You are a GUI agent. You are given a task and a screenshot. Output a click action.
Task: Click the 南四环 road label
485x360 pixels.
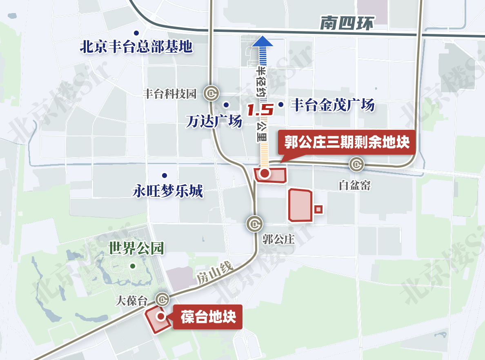(x=346, y=24)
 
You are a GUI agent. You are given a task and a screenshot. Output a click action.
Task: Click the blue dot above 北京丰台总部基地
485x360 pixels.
(x=136, y=33)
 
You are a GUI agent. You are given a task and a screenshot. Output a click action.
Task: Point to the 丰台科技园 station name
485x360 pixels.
(x=169, y=94)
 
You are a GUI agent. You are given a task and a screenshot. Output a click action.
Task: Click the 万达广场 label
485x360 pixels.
(x=214, y=121)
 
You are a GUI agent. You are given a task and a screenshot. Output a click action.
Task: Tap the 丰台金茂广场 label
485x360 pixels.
(x=332, y=105)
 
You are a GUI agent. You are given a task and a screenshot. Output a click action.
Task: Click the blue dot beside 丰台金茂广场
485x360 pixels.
(x=281, y=104)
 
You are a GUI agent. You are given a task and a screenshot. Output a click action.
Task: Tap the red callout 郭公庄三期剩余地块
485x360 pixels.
(x=347, y=143)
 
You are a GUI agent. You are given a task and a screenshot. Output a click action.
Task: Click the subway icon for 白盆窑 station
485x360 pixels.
(x=356, y=164)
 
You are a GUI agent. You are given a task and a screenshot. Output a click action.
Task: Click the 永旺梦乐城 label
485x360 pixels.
(x=168, y=191)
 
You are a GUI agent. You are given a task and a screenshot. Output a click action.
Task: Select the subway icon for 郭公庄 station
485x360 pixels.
(x=255, y=223)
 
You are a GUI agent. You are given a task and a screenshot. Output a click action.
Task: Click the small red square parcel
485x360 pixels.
(x=319, y=209)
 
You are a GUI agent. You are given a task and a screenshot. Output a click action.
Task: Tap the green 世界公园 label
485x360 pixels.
(x=136, y=248)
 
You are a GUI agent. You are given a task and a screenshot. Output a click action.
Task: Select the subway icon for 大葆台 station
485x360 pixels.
(x=163, y=300)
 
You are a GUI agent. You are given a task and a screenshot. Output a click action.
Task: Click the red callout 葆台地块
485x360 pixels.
(x=208, y=317)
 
